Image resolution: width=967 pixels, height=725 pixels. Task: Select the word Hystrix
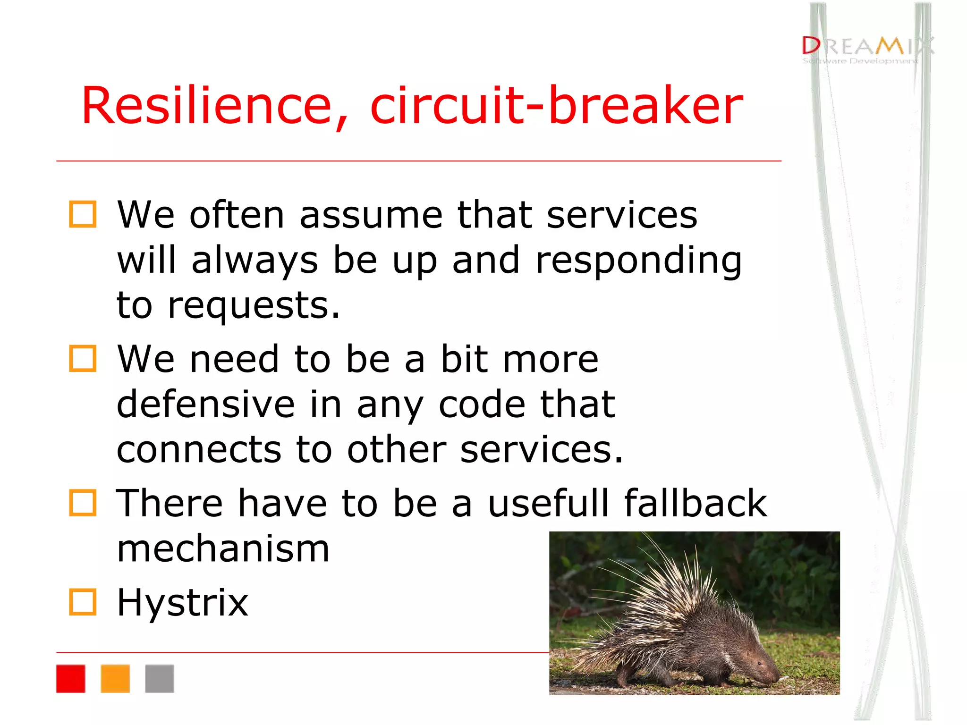point(182,603)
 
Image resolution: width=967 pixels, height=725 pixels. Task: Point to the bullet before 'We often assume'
point(83,214)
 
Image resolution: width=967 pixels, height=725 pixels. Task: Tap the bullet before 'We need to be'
point(83,358)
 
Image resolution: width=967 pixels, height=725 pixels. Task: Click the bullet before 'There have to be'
point(83,502)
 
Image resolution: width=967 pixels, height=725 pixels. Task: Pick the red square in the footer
point(70,678)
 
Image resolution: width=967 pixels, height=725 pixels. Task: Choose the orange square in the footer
point(115,678)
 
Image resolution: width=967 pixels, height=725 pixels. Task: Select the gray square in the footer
point(159,678)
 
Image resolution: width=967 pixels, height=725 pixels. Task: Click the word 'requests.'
point(254,306)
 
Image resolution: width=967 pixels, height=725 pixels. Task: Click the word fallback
point(695,503)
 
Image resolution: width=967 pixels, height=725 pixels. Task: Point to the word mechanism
point(223,549)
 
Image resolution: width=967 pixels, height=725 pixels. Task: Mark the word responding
point(638,261)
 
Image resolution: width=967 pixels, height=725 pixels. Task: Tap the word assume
point(371,215)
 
